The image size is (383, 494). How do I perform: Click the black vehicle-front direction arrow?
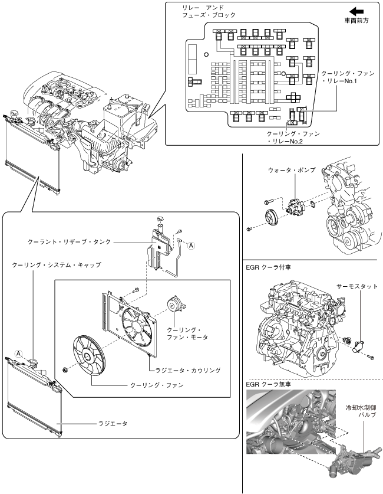pos(356,11)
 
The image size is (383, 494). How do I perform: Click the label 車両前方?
pos(356,21)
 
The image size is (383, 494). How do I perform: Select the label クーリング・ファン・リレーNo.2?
pos(293,138)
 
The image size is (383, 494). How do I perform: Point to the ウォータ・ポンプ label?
pos(291,170)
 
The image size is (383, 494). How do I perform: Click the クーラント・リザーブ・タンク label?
pos(70,242)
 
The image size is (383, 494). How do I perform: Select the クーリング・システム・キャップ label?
pos(57,266)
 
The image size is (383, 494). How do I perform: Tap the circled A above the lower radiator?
pos(19,353)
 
